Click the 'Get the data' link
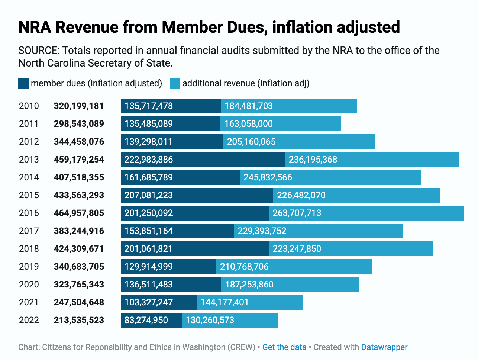pos(284,347)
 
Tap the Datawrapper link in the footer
pos(384,347)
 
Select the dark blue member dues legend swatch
pos(23,84)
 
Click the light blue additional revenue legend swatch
pos(175,84)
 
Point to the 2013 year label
pos(29,160)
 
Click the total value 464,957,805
pos(79,213)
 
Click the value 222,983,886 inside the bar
pos(149,160)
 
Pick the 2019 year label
pos(29,267)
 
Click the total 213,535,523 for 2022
pos(79,320)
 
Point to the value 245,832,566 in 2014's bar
pos(268,177)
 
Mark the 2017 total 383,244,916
pos(79,231)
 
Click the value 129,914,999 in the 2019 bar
pos(149,267)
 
